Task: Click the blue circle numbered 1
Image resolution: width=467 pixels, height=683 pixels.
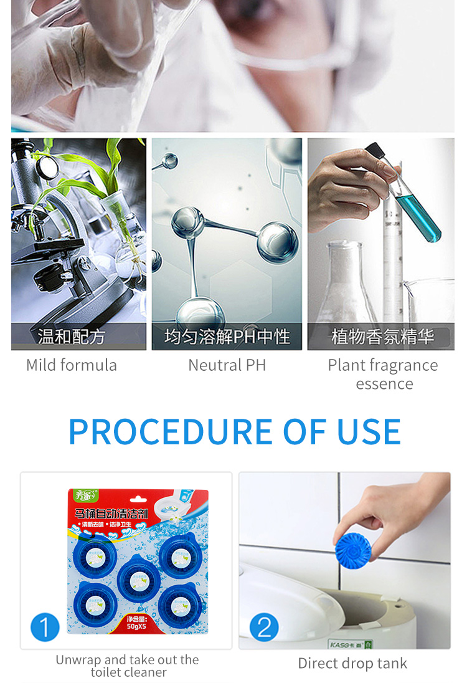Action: (44, 626)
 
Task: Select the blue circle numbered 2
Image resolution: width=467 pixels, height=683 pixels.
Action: (264, 626)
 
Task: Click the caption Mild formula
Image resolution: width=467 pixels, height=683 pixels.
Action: (72, 365)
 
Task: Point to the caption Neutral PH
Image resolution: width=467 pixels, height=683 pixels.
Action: (227, 365)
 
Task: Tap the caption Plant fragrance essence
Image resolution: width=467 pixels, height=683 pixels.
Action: (383, 374)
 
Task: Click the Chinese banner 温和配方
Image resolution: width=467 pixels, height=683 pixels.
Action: (71, 337)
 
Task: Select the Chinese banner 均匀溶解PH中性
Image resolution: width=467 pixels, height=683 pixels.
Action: (227, 337)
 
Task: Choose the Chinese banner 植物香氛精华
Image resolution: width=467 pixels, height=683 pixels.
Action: (382, 337)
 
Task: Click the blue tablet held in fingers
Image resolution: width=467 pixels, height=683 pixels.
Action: (352, 548)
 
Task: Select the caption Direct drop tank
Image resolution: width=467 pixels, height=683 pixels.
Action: (352, 663)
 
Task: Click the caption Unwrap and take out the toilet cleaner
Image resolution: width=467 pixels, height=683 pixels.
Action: (128, 666)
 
